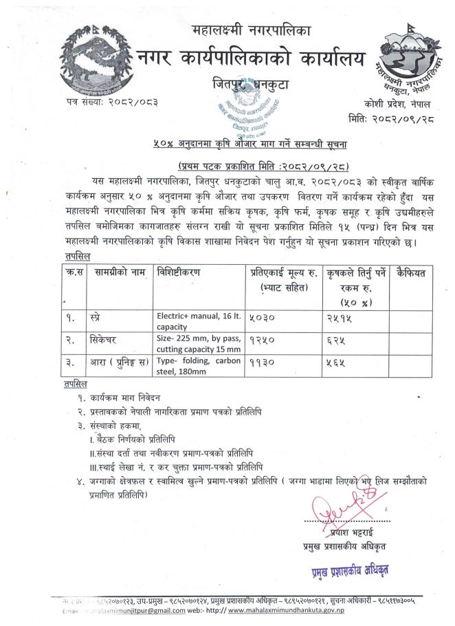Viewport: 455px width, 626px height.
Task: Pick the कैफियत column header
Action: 411,273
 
